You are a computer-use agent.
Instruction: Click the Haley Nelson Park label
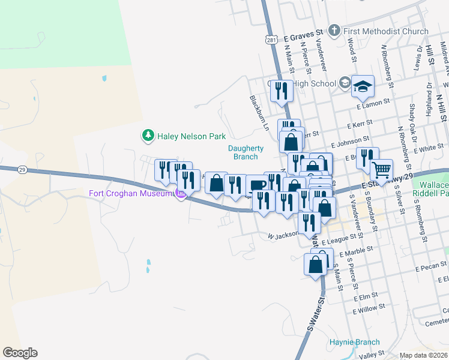tap(191, 137)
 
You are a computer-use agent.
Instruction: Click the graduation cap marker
tap(363, 87)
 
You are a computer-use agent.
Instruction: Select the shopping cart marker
tap(381, 171)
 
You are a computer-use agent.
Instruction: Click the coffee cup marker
tap(258, 185)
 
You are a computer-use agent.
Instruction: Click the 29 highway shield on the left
tap(21, 170)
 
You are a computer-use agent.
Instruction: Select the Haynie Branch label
tap(354, 343)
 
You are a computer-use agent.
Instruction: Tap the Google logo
tap(20, 353)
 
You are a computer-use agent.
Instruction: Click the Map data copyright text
tap(424, 355)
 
